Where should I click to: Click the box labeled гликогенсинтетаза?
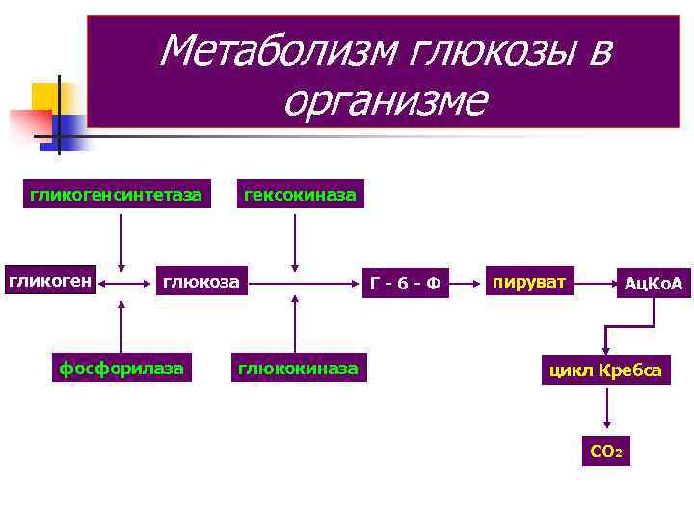(116, 196)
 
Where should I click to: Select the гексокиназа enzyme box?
(300, 196)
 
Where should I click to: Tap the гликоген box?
(51, 282)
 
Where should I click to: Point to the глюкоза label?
(200, 282)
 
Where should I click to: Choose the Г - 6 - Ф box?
(406, 283)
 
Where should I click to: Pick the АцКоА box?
(653, 284)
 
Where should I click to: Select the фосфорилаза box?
(121, 368)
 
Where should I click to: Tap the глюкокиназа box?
(298, 368)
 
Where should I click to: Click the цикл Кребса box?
(605, 370)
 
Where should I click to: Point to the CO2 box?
(606, 452)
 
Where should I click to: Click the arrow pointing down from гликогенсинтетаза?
(121, 241)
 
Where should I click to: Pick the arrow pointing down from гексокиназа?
(296, 241)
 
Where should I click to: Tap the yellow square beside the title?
(45, 96)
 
